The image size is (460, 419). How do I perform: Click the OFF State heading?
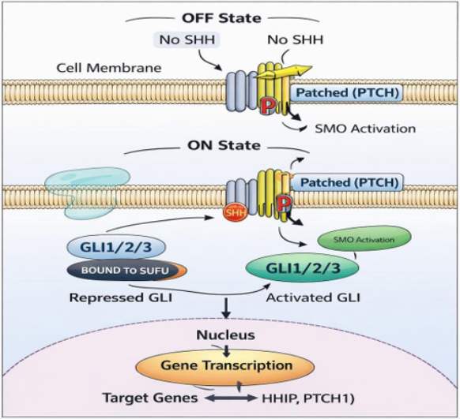[x=221, y=18]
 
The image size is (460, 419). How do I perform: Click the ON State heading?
[x=224, y=145]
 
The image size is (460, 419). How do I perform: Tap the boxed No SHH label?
[x=187, y=39]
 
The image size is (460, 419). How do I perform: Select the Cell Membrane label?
[x=109, y=68]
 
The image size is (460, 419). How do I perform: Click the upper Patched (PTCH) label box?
[x=347, y=93]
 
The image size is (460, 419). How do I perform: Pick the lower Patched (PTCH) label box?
[x=349, y=183]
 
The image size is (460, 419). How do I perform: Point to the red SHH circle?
[x=236, y=212]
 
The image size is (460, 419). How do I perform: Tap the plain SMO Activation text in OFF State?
[x=365, y=129]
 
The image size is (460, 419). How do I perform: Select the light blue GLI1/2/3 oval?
[x=116, y=247]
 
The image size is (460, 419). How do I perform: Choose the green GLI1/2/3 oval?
[x=303, y=268]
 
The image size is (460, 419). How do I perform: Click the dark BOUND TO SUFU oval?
[x=126, y=270]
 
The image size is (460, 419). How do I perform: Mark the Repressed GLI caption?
[x=121, y=297]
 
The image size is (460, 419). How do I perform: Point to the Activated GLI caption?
[x=313, y=297]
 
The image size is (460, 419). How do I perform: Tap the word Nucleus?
[x=225, y=335]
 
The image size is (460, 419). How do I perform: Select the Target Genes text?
[x=150, y=398]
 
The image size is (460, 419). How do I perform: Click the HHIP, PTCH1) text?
[x=308, y=398]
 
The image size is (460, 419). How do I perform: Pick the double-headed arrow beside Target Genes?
[x=231, y=398]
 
